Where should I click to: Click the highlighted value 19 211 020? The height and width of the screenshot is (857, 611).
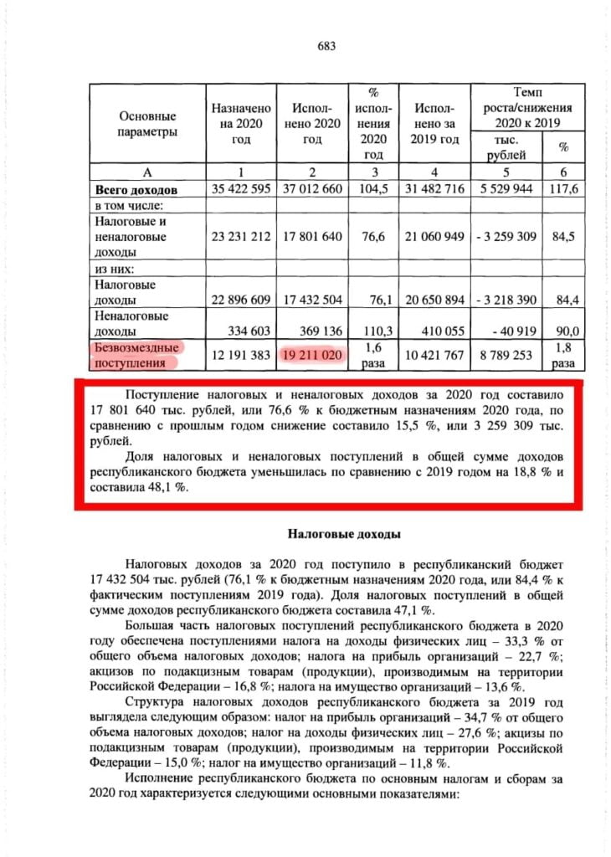click(x=309, y=355)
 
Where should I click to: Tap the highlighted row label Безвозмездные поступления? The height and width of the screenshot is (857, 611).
click(x=136, y=355)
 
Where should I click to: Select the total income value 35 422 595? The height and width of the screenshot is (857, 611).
click(x=241, y=189)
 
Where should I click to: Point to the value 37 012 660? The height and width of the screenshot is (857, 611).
click(x=309, y=189)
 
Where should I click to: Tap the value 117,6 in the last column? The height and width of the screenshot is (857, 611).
click(x=567, y=189)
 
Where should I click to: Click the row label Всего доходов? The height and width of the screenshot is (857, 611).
click(x=136, y=190)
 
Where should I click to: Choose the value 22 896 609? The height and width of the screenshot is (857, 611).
click(x=241, y=299)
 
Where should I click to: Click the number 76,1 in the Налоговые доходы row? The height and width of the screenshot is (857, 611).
click(x=376, y=299)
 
